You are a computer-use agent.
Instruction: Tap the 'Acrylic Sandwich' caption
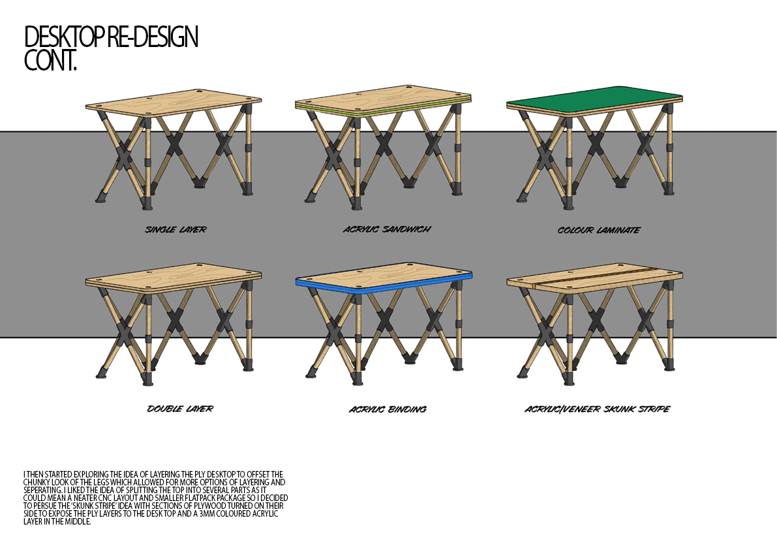[x=387, y=229]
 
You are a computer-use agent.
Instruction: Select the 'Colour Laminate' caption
[x=598, y=230]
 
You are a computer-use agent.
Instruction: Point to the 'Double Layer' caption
[x=180, y=409]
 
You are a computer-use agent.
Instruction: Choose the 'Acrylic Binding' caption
[x=388, y=410]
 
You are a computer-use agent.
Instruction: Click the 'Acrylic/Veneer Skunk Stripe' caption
[x=597, y=410]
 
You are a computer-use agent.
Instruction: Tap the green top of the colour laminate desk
[x=594, y=98]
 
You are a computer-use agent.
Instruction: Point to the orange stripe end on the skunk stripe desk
[x=534, y=286]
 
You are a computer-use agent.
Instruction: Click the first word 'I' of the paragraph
[x=24, y=474]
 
